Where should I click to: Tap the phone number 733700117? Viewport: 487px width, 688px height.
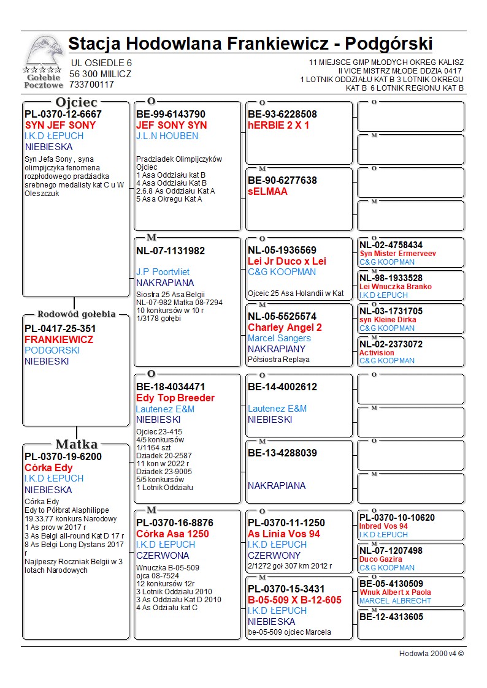92,85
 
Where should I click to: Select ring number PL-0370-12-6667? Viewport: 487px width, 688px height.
63,114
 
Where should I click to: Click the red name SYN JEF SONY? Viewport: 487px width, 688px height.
60,125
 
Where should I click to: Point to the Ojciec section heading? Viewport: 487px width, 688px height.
76,102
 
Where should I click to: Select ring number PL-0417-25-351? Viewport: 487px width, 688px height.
60,328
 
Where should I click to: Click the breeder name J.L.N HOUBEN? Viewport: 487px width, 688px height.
167,136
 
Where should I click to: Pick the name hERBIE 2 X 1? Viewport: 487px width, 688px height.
278,125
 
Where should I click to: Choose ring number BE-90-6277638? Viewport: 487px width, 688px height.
282,180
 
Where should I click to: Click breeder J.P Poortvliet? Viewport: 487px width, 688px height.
163,272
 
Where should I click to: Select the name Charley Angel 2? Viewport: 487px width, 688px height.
285,327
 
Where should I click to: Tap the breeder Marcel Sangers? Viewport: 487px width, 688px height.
279,338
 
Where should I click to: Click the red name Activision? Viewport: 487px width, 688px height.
377,353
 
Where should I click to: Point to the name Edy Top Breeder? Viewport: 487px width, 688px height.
175,398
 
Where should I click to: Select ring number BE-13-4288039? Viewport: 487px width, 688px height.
282,453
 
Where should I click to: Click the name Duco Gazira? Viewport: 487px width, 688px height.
381,559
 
